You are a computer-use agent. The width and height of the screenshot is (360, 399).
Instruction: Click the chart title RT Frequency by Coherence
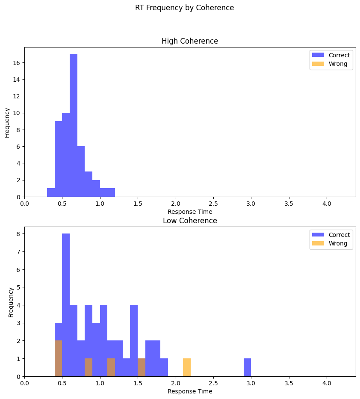tap(184, 8)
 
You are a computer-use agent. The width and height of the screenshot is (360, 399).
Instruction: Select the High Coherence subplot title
tap(189, 41)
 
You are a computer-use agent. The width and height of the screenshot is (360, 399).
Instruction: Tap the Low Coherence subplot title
tap(189, 221)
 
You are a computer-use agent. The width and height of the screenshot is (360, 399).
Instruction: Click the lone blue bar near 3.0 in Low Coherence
tap(247, 368)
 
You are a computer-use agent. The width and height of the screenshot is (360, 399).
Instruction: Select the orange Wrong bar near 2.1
tap(187, 368)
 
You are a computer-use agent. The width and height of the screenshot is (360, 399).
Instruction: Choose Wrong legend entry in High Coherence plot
tap(338, 64)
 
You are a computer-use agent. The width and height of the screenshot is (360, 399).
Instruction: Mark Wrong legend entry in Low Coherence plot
tap(338, 243)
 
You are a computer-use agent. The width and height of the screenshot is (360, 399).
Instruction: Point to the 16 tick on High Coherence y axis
tap(17, 63)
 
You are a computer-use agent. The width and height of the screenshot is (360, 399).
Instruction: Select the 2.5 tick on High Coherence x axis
tap(213, 204)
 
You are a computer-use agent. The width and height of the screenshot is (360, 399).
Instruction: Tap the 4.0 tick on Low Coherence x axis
tap(327, 383)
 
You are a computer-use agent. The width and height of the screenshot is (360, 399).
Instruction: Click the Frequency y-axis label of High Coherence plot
tap(7, 122)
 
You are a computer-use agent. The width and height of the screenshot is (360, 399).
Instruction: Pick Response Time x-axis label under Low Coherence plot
tap(189, 391)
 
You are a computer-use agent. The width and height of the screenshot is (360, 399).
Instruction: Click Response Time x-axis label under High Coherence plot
tap(189, 211)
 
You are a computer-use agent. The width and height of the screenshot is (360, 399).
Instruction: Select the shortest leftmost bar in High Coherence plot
tap(51, 193)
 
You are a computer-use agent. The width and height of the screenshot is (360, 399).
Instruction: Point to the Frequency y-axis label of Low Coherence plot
tap(11, 302)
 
